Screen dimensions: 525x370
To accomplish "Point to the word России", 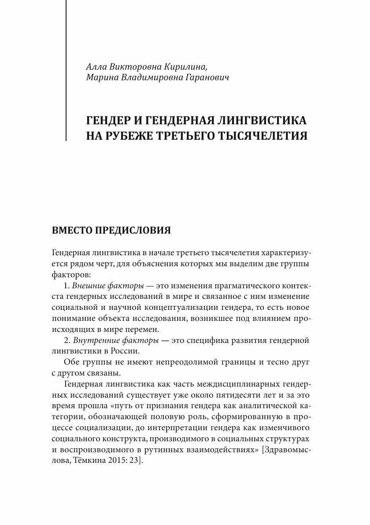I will pos(129,351).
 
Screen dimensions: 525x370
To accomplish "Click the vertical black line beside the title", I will pos(66,71).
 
